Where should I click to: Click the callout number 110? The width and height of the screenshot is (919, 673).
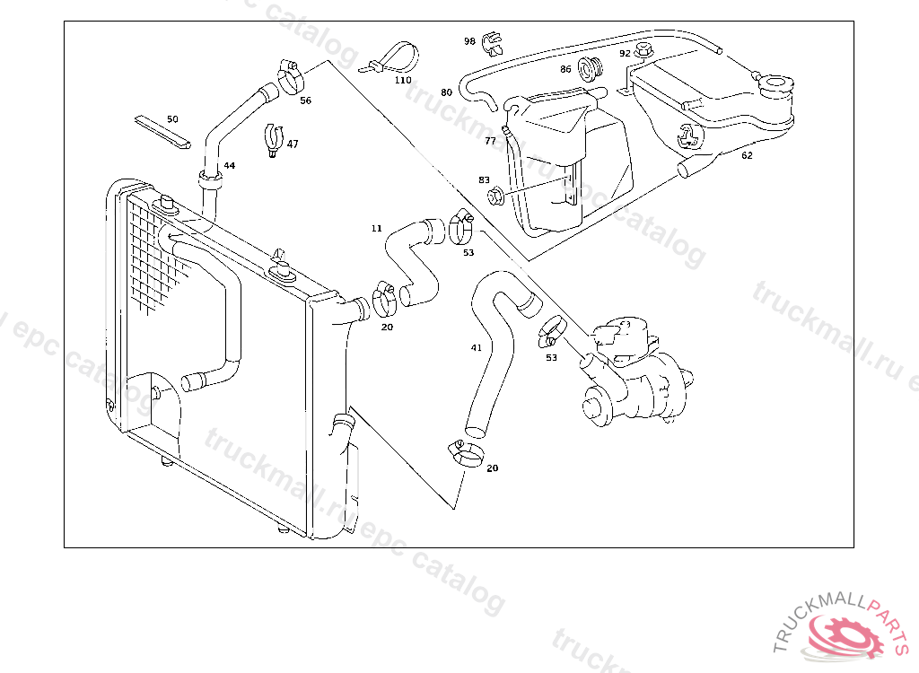[x=403, y=80]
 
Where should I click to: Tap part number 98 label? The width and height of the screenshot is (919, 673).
[x=469, y=41]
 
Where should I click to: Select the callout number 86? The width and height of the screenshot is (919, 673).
[x=565, y=69]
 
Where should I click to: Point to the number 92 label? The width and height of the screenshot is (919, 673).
[x=625, y=53]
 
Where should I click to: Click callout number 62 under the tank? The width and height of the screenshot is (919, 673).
[x=747, y=155]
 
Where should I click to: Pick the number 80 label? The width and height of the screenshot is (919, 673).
[x=446, y=92]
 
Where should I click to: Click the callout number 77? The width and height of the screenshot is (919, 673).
[x=490, y=141]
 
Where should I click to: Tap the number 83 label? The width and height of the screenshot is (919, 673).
[x=484, y=179]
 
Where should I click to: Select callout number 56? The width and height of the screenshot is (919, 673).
[x=305, y=101]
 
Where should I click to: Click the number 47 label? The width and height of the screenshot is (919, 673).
[x=293, y=144]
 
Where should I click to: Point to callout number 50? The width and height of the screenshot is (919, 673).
[x=172, y=118]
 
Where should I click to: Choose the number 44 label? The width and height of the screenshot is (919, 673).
[x=230, y=166]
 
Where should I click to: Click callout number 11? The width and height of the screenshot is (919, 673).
[x=376, y=228]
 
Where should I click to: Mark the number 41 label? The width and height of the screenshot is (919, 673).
[x=476, y=347]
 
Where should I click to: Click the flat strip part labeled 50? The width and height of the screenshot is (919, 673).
[x=162, y=131]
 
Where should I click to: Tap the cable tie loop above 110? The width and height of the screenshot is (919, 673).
[x=389, y=56]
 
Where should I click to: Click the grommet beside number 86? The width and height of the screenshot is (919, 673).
[x=591, y=67]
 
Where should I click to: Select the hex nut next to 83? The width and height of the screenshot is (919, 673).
[x=495, y=195]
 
